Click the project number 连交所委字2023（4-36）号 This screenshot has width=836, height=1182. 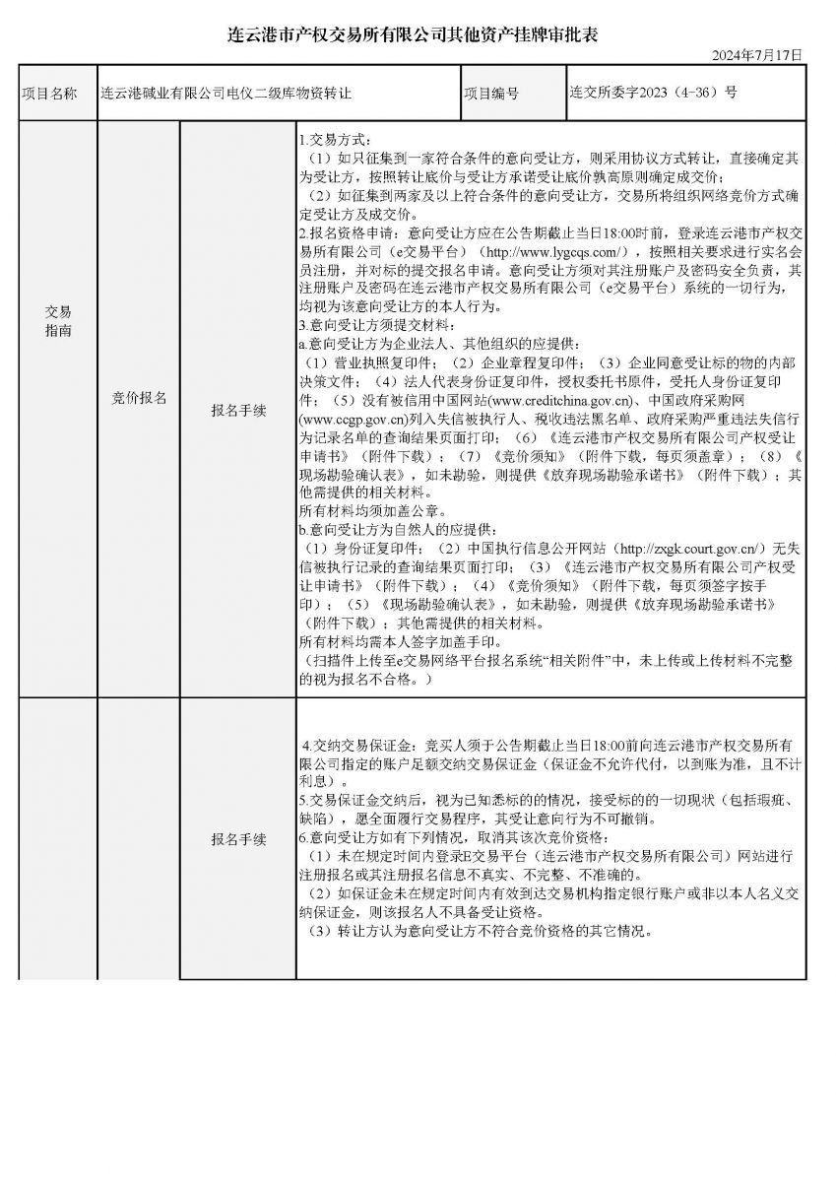click(653, 93)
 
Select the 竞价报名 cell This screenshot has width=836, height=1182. click(139, 398)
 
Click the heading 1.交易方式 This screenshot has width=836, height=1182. click(337, 140)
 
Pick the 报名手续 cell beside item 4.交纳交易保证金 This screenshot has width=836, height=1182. click(238, 839)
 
